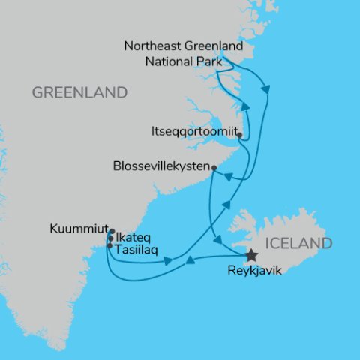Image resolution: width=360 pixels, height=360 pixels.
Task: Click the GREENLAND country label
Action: point(79,93)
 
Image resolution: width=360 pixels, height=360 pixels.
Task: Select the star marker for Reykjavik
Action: point(252,256)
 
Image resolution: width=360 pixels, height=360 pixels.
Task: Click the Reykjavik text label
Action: point(254,271)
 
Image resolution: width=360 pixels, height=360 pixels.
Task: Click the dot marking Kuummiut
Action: point(111,231)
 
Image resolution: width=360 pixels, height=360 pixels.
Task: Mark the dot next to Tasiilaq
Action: point(110,245)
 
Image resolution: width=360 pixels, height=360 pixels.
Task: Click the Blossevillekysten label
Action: point(160,166)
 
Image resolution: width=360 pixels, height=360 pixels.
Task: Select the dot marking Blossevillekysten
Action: point(214,167)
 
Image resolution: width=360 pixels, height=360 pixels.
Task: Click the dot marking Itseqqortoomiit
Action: point(239,136)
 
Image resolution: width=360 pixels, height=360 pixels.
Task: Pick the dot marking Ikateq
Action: point(111,238)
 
